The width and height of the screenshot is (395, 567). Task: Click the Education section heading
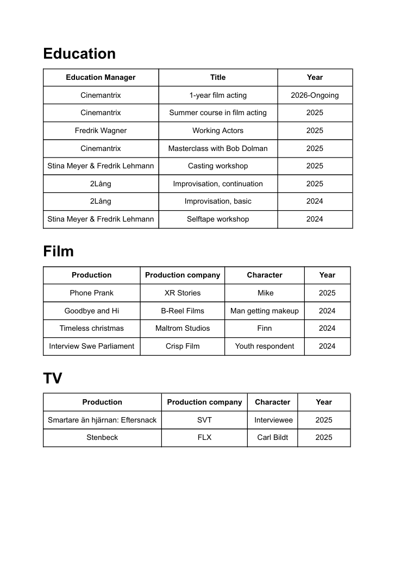(x=79, y=54)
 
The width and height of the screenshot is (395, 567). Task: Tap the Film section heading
(x=58, y=251)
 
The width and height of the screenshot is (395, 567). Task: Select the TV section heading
(x=53, y=379)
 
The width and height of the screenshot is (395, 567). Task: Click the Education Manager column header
(x=101, y=77)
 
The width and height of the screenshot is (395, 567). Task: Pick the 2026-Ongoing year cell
(x=315, y=95)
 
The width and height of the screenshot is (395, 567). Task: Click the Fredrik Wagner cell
(x=101, y=130)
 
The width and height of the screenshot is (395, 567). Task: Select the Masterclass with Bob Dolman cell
(x=218, y=148)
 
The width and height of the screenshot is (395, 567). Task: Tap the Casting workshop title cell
(x=218, y=166)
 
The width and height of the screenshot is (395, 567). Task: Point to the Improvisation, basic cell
(x=218, y=201)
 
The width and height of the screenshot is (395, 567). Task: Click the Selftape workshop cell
(x=218, y=219)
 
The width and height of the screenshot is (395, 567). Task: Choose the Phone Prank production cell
(x=92, y=293)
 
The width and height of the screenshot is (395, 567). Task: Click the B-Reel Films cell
(x=183, y=311)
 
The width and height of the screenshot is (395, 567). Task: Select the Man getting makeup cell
(x=265, y=311)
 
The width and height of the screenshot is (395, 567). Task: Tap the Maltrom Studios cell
(x=183, y=328)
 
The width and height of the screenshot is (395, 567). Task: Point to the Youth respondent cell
(x=265, y=346)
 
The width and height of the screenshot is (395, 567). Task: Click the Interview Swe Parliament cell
(x=92, y=346)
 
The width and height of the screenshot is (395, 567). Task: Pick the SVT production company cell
(x=204, y=420)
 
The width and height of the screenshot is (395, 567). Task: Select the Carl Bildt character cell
(x=272, y=437)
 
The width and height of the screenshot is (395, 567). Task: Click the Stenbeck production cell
(x=102, y=437)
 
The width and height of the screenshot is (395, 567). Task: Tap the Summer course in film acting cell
(x=218, y=112)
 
